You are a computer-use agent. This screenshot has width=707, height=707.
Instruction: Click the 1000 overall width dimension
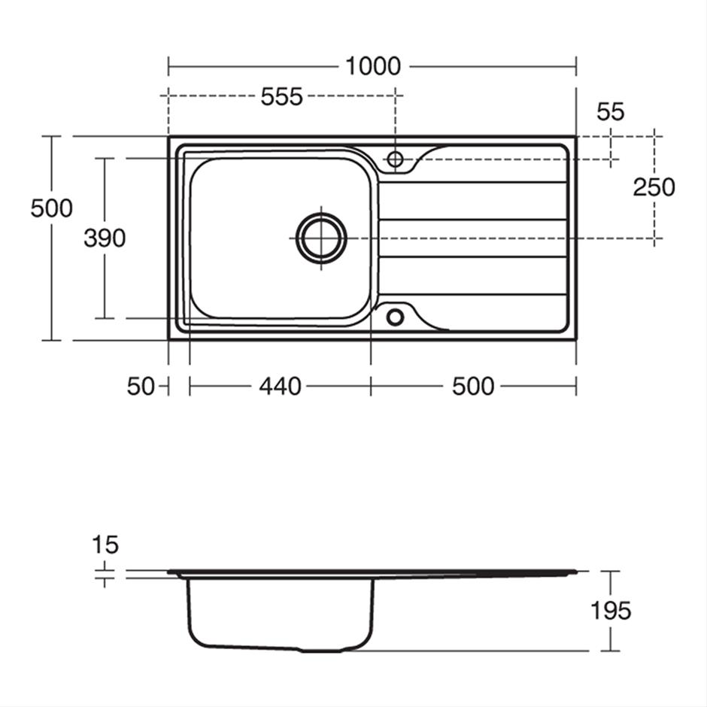372,66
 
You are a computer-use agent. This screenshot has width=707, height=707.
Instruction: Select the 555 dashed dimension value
281,96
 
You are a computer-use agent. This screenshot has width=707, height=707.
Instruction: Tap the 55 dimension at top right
610,111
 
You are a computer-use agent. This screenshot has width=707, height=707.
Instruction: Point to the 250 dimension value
654,187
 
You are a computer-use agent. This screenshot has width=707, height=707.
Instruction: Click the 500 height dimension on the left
51,208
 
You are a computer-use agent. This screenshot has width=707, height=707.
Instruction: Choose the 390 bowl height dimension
105,238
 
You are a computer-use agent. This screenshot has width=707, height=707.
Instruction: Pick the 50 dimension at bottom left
140,387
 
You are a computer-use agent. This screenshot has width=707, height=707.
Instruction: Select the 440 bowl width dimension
280,387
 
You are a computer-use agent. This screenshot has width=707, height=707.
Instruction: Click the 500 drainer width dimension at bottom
473,387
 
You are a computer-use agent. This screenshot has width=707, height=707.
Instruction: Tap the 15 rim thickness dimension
105,544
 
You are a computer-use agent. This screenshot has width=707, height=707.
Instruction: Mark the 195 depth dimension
610,611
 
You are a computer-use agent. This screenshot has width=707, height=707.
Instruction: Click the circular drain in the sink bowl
321,238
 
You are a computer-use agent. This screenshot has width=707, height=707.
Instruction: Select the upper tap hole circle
395,159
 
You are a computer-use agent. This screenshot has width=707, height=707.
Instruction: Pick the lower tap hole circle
395,317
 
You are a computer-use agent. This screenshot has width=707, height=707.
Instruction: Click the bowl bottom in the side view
280,647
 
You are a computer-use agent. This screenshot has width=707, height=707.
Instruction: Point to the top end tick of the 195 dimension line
610,572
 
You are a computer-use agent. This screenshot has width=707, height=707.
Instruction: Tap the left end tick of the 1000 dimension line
168,66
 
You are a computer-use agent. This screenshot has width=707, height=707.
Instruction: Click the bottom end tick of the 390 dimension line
105,318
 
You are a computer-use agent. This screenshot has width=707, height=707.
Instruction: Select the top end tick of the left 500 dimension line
51,136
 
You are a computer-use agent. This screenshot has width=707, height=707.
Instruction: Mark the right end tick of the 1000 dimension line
576,66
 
